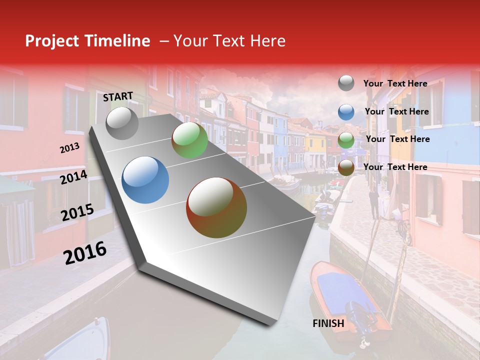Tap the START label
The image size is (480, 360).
pos(118,96)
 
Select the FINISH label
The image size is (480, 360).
pos(328,323)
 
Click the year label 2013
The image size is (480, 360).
pos(69,148)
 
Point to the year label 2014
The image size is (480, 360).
pos(73,177)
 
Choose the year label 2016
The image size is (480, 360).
pos(85,252)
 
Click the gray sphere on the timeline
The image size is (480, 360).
pos(122,123)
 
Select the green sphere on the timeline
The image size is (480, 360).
pos(189,140)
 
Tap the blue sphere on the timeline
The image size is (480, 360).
pos(145,180)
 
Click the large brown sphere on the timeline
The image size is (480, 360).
pos(216,207)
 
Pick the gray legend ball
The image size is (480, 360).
pos(346,83)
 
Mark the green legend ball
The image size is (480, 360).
pos(346,139)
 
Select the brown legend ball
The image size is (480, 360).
pos(346,167)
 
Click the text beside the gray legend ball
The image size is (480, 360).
pos(395,83)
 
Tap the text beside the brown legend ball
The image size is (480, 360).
pos(395,167)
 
